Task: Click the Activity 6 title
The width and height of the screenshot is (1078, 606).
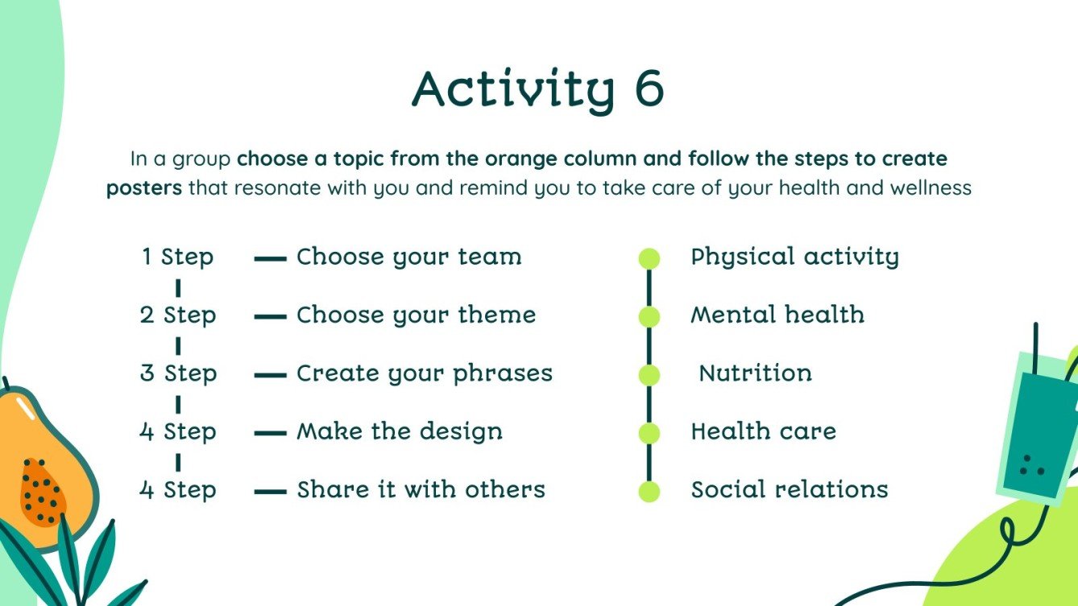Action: click(x=537, y=90)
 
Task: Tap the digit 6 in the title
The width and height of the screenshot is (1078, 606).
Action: click(x=649, y=89)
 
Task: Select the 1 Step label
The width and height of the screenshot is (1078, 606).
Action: click(x=178, y=258)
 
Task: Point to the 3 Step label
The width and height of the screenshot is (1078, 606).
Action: click(x=178, y=373)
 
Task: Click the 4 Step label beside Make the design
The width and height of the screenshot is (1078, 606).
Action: click(x=178, y=432)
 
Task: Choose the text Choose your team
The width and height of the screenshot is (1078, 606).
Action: click(x=408, y=258)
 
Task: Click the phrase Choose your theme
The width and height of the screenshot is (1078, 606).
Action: click(x=416, y=315)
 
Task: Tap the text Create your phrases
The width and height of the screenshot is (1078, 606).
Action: click(x=425, y=374)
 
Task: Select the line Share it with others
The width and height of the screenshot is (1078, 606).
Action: click(x=421, y=490)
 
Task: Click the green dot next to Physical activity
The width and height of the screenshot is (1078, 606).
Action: click(x=649, y=259)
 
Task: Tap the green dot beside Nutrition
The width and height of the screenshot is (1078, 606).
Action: click(x=649, y=375)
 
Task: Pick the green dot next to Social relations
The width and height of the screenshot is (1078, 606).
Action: click(x=649, y=492)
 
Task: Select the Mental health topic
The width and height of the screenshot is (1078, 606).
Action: click(x=777, y=315)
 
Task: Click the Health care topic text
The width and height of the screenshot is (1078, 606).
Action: click(x=763, y=432)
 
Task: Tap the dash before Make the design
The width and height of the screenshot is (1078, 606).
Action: click(x=270, y=433)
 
